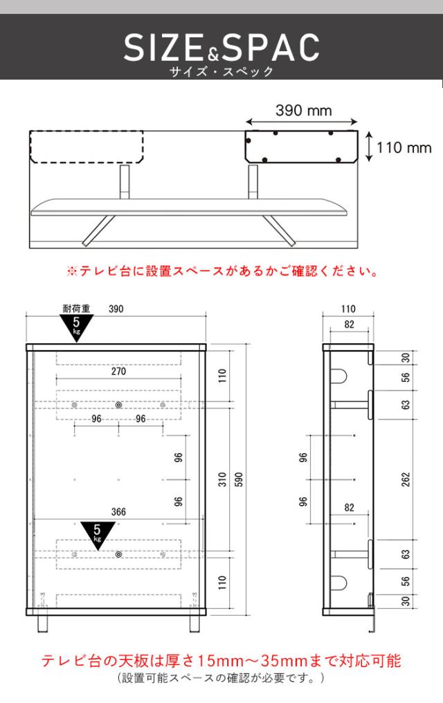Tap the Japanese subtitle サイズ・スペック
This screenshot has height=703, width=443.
pyautogui.click(x=221, y=71)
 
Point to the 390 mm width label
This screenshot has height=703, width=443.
pyautogui.click(x=304, y=110)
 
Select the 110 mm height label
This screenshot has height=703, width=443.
pyautogui.click(x=404, y=147)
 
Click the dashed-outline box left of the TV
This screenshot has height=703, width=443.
pyautogui.click(x=87, y=147)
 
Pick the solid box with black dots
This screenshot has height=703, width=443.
pyautogui.click(x=302, y=147)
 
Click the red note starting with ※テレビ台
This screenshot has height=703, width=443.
pyautogui.click(x=221, y=271)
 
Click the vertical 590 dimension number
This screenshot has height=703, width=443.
pyautogui.click(x=239, y=479)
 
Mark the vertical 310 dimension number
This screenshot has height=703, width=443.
pyautogui.click(x=222, y=479)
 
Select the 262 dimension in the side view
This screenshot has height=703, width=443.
pyautogui.click(x=406, y=479)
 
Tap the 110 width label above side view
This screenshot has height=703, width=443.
pyautogui.click(x=349, y=309)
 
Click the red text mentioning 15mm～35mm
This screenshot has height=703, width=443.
pyautogui.click(x=221, y=660)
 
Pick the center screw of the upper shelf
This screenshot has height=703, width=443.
pyautogui.click(x=118, y=405)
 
